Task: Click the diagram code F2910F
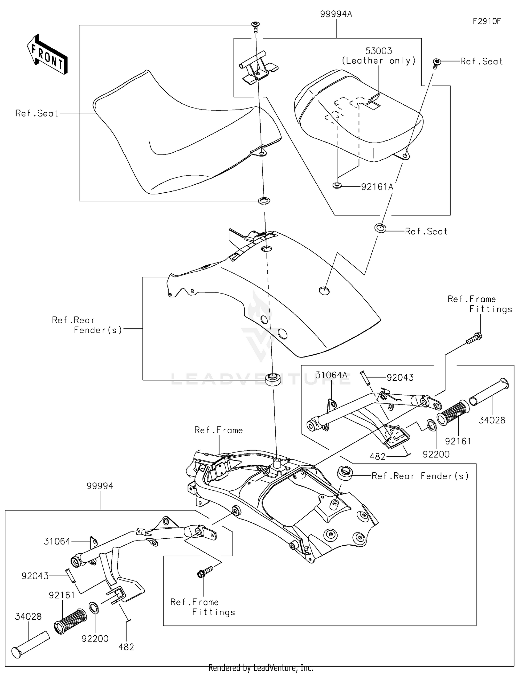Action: [486, 21]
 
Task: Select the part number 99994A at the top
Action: [336, 14]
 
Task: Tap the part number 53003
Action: [379, 51]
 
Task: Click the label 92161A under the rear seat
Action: [377, 187]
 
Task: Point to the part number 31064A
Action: [331, 375]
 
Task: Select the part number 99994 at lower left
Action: [100, 486]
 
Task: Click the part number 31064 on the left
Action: [57, 541]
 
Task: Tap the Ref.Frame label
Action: [219, 430]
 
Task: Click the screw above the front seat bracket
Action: [256, 26]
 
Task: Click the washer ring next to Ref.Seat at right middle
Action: [380, 228]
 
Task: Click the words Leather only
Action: [379, 61]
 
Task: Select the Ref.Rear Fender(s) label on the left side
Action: [87, 325]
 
